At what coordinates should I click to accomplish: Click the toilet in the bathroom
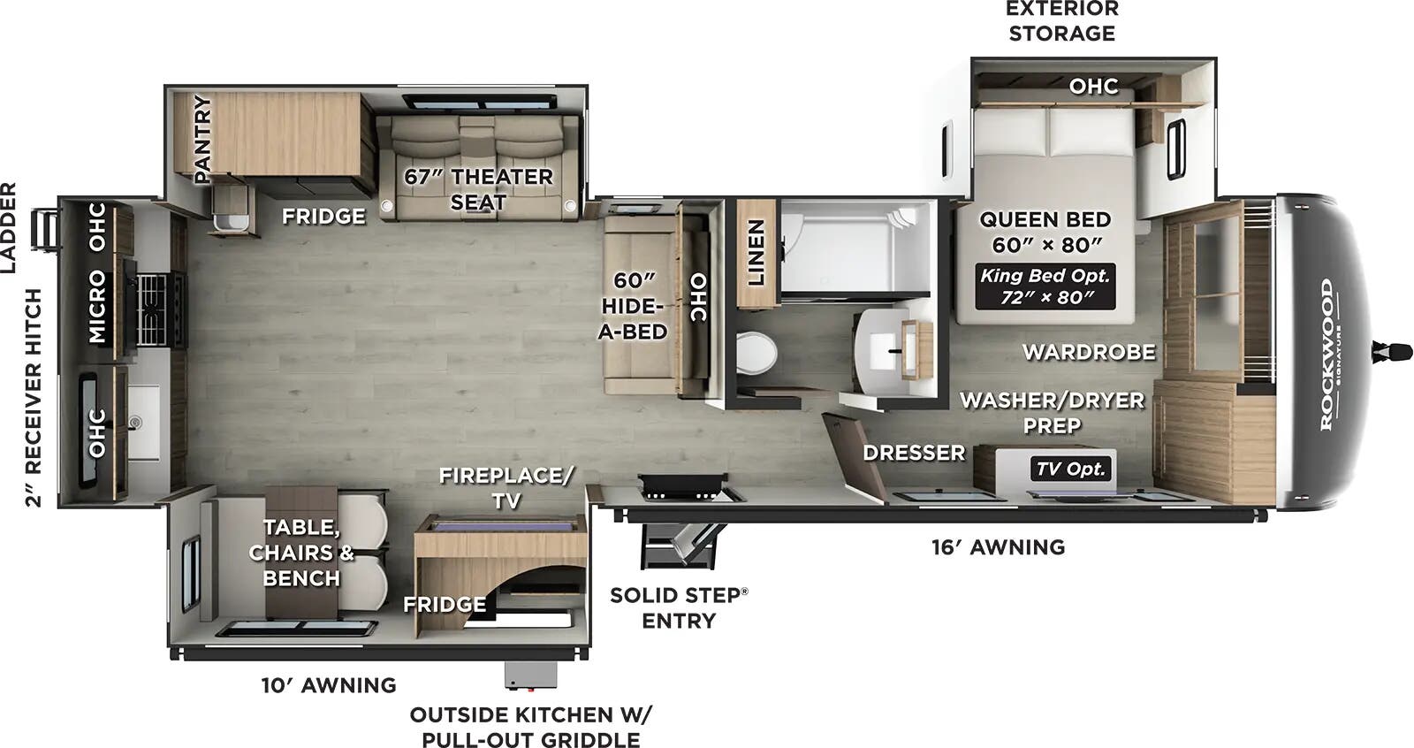point(756,353)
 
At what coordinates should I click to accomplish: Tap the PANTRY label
point(203,140)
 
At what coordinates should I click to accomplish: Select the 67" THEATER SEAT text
point(478,189)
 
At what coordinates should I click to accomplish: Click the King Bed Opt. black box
point(1045,286)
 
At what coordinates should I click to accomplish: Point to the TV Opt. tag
point(1071,469)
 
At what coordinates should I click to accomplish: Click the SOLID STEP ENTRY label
point(678,607)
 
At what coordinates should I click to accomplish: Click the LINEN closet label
point(756,253)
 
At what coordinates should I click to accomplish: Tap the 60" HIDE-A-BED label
point(633,306)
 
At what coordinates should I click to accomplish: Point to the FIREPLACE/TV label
point(506,487)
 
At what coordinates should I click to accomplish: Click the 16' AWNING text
point(998,547)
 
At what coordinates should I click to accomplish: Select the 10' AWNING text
point(328,685)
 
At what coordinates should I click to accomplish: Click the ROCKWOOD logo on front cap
point(1327,354)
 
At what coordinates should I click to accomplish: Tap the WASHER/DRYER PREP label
point(1052,412)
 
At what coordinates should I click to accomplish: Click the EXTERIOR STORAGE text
point(1061,21)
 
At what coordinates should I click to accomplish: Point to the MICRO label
point(97,307)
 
